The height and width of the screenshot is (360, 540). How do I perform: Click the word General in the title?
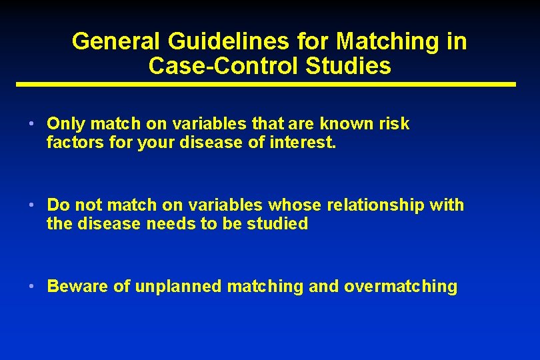coord(114,41)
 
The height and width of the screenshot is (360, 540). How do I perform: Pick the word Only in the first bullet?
coord(67,124)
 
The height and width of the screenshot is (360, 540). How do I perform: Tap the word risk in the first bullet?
coord(395,124)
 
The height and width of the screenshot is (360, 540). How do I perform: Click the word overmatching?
coord(401,287)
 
